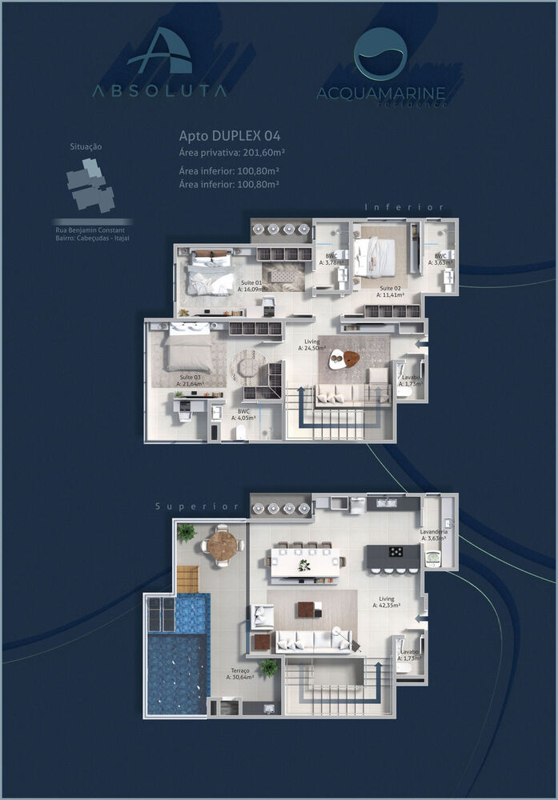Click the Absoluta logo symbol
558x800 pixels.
coord(159,51)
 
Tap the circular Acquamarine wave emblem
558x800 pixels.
coord(380,54)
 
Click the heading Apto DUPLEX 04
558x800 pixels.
coord(229,136)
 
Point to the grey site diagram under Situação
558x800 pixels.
coord(90,185)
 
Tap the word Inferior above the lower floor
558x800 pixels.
coord(404,207)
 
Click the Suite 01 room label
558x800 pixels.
coord(252,286)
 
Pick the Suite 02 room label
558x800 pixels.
coord(391,290)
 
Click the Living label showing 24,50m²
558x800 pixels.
coord(311,345)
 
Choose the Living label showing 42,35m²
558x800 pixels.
coord(387,602)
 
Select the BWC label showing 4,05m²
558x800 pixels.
coord(243,414)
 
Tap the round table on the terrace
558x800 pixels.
coord(223,546)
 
